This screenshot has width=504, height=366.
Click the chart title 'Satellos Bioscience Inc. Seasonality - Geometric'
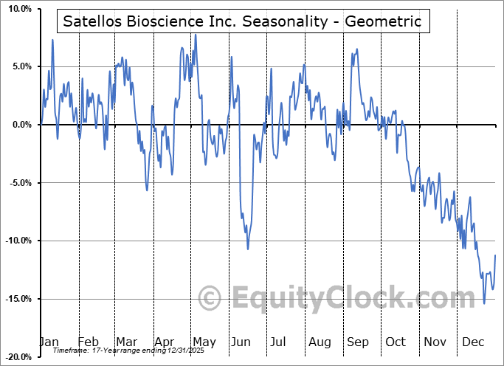coord(242,21)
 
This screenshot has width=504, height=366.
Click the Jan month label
coord(49,342)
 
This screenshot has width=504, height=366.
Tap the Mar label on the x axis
coord(126,342)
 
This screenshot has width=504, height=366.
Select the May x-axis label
coord(204,342)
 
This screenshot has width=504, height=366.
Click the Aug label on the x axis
coord(320,342)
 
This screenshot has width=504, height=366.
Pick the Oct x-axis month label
coord(396,342)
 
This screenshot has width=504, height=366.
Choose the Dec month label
coord(474,342)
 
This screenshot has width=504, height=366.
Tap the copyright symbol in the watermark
coord(211,299)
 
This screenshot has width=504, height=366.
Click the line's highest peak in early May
coord(195,34)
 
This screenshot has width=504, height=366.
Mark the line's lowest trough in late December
coord(484,303)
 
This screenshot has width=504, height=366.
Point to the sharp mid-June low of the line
coord(247,249)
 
